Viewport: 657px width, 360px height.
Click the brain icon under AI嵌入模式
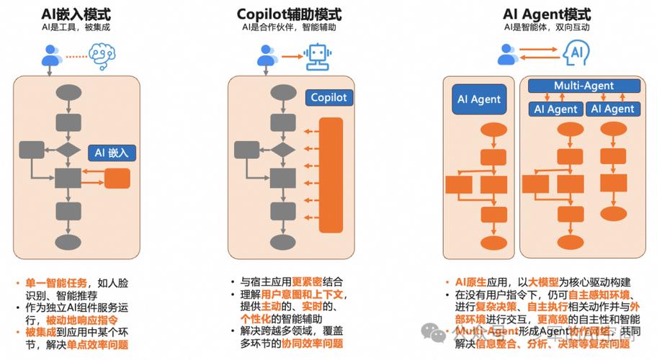pos(102,53)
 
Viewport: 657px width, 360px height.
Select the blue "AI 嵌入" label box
pos(112,152)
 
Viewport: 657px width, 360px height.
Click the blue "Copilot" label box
pos(328,97)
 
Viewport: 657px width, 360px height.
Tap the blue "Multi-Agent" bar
pos(584,86)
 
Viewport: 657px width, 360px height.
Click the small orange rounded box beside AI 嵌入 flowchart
pos(117,178)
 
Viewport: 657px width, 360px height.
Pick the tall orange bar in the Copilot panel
pos(331,175)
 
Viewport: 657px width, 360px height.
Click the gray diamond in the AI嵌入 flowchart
pos(69,150)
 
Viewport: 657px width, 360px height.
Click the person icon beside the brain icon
pos(50,54)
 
